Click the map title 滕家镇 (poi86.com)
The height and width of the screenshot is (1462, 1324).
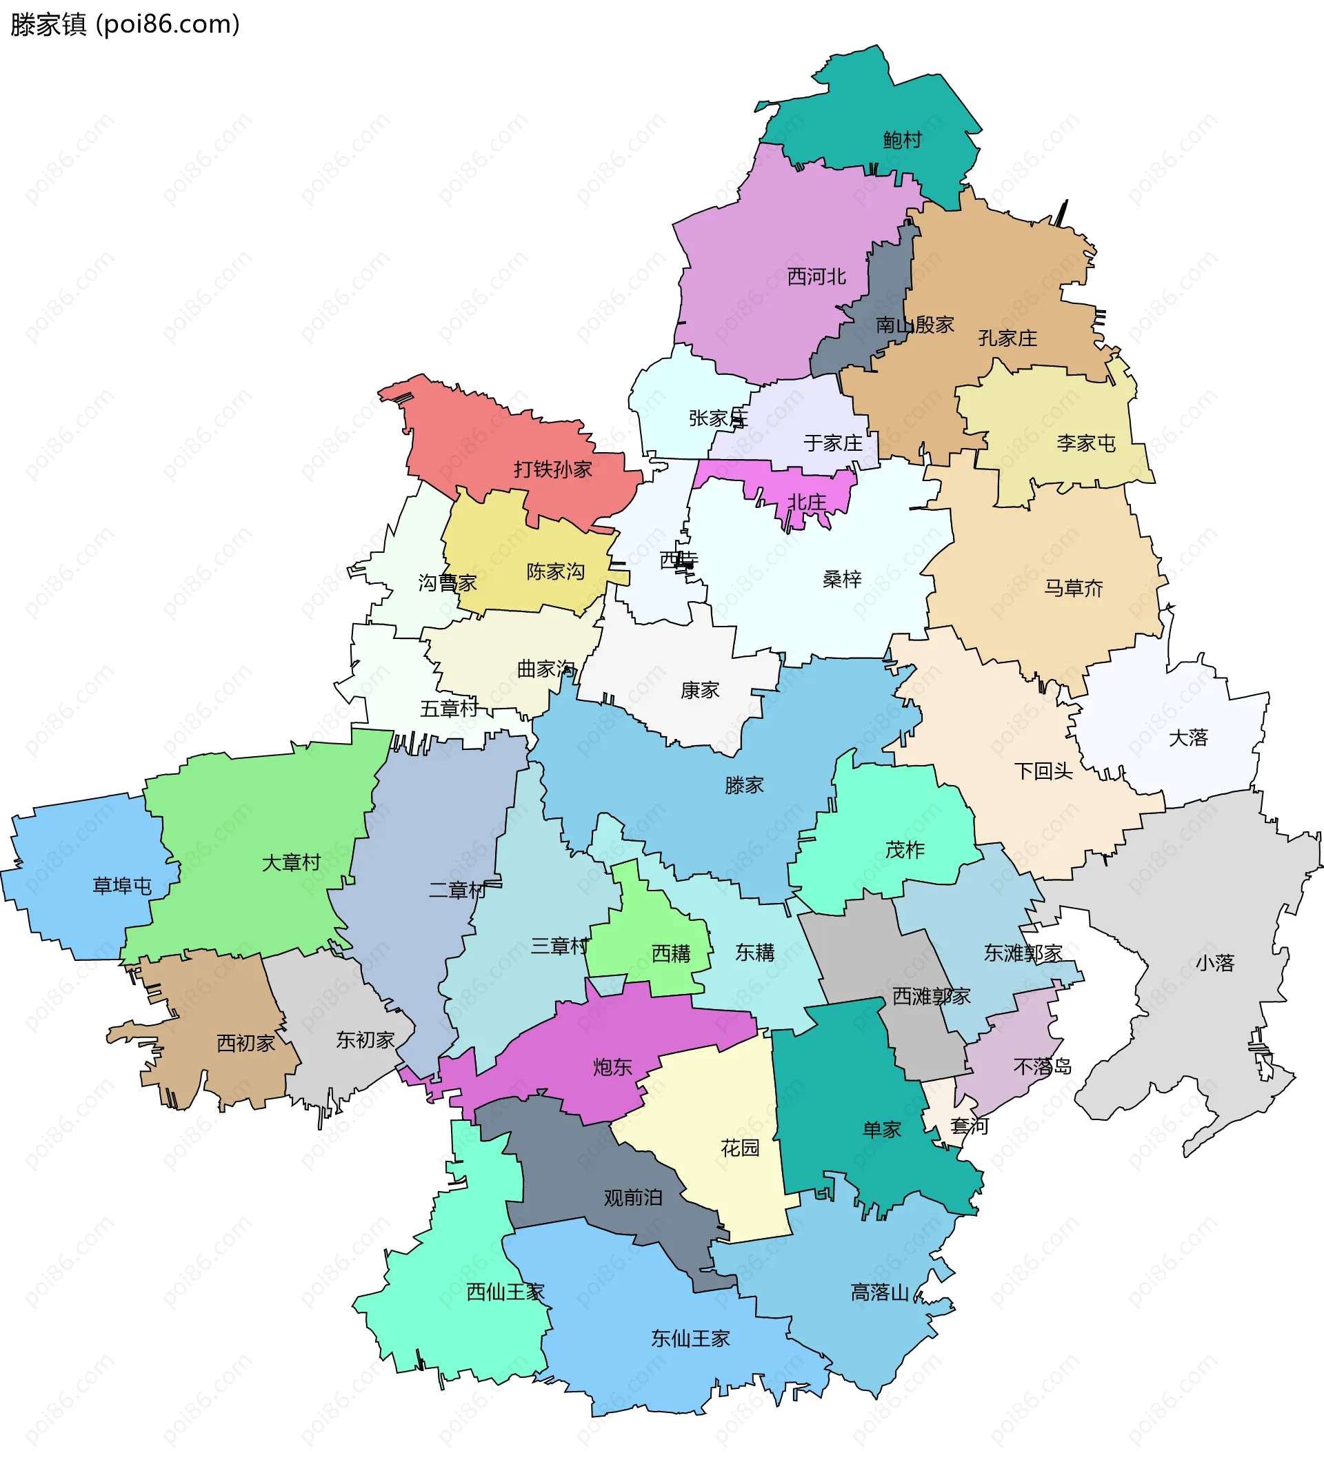125,25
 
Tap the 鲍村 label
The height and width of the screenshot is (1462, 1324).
902,140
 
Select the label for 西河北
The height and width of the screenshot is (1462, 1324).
816,277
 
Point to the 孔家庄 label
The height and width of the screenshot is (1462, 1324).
1007,338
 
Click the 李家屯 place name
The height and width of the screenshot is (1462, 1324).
1085,443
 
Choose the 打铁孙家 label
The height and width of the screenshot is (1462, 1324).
553,470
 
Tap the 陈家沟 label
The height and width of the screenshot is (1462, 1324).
555,572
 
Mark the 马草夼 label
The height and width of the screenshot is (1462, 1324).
1073,588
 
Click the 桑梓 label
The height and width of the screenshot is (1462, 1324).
841,580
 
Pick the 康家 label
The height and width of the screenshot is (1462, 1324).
699,691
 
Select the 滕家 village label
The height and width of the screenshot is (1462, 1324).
743,785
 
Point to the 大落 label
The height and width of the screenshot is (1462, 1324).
1187,738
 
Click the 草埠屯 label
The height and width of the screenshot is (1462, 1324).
122,886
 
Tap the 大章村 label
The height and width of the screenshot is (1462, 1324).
291,863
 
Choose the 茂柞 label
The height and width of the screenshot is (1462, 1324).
905,850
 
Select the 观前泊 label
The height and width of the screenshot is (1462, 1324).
632,1198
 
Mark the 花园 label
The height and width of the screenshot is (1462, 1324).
739,1148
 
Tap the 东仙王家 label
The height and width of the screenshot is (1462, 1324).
690,1339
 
